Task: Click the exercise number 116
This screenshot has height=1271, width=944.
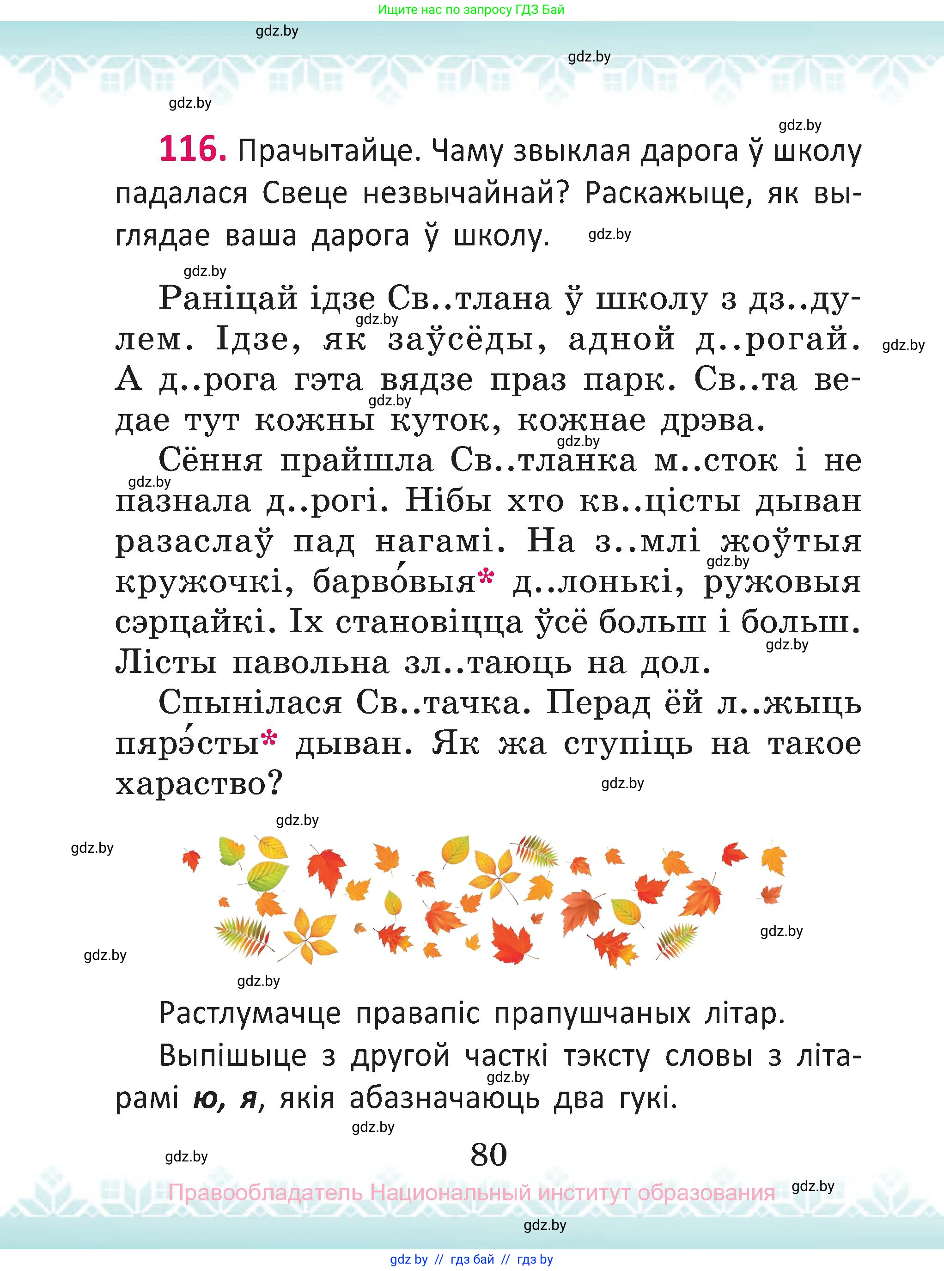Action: click(x=192, y=149)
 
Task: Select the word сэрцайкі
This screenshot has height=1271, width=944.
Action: click(x=193, y=623)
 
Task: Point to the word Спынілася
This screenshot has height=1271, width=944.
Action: click(x=250, y=703)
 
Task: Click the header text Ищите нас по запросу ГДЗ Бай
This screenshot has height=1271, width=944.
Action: click(x=471, y=10)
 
